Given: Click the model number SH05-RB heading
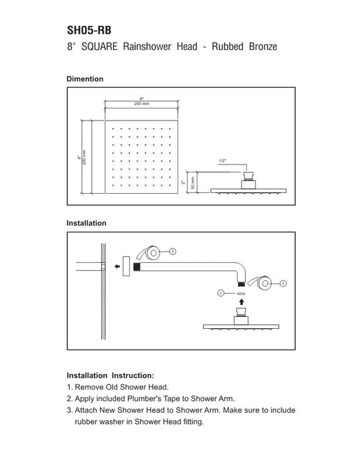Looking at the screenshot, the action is click(89, 31).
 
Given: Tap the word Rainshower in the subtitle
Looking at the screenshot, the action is click(147, 47).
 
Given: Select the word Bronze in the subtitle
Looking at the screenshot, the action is click(263, 47).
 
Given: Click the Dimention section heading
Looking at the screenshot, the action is click(85, 79).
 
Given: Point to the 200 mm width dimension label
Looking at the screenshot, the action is click(142, 104).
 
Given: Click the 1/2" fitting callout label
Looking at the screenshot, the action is click(222, 161).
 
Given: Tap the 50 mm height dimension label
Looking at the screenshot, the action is click(193, 183).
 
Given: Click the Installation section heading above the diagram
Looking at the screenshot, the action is click(87, 223).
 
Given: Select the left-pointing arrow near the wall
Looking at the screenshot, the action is click(117, 266).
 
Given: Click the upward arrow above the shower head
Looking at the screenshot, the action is click(242, 302).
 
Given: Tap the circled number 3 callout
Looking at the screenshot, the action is click(220, 294).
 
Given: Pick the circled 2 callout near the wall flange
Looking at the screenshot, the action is click(172, 252).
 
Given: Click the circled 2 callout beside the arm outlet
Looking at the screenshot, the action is click(283, 284).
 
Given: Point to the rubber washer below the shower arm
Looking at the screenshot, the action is click(241, 294).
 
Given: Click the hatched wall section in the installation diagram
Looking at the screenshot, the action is click(103, 292).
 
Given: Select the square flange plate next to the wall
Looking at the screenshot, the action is click(126, 266).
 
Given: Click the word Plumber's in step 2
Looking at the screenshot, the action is click(144, 398).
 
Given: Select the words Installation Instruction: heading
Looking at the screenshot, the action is click(110, 375).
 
